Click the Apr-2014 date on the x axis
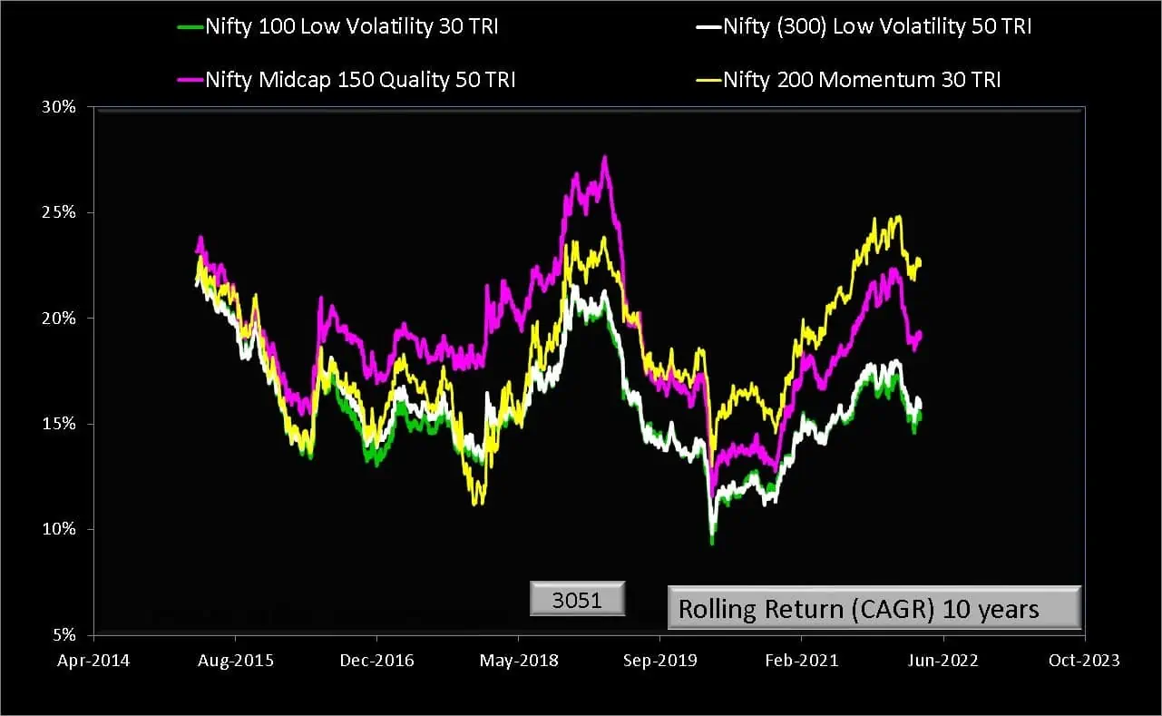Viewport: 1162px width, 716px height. tap(94, 661)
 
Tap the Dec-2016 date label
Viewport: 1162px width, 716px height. tap(377, 661)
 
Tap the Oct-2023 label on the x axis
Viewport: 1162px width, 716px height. tap(1084, 661)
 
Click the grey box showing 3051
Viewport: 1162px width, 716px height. tap(578, 600)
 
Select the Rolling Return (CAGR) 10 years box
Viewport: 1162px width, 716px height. tap(874, 608)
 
